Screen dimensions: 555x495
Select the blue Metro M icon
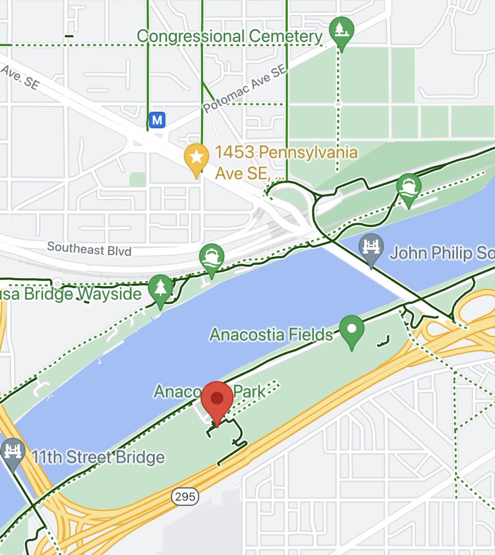(x=157, y=120)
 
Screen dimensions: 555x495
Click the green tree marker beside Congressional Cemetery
(x=341, y=31)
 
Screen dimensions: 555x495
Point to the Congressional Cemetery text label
(x=230, y=37)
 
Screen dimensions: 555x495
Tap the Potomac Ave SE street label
(x=245, y=89)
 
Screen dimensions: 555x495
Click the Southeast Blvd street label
(x=89, y=249)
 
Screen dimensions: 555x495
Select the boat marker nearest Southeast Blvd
(x=212, y=258)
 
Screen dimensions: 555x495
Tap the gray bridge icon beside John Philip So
(x=371, y=247)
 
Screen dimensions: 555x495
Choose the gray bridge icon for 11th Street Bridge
(x=13, y=452)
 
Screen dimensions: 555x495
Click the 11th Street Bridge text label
(x=98, y=457)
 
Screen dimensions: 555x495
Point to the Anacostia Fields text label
(x=271, y=334)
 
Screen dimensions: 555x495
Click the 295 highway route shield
(x=185, y=497)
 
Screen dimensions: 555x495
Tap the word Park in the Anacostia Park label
(x=250, y=392)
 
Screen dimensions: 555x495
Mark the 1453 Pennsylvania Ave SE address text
(x=287, y=162)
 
